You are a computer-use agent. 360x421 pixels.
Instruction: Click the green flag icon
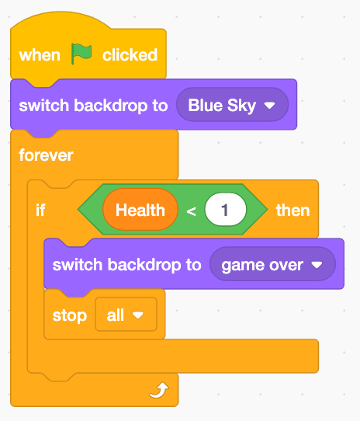81,54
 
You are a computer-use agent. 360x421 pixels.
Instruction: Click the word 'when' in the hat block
40,55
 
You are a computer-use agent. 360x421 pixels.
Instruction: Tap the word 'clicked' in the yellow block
130,55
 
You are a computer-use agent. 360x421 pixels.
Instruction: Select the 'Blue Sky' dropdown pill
232,105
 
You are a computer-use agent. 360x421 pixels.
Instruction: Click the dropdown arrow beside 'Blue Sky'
269,106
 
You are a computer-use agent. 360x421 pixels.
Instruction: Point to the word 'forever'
46,155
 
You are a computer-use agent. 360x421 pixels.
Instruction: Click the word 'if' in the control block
40,210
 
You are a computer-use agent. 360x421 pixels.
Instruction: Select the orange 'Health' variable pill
140,210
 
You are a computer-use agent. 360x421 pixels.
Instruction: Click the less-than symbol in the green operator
191,211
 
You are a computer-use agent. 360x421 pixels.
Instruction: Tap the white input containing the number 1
225,210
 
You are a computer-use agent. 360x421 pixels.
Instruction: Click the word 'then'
293,210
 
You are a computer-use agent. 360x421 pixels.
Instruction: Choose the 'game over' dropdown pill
272,264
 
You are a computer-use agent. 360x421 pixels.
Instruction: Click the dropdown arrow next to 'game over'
317,265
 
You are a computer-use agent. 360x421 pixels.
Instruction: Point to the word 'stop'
70,315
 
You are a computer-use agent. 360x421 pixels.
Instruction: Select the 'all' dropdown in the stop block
126,314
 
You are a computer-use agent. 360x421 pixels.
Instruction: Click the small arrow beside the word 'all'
138,315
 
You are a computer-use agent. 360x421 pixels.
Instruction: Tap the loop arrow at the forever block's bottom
159,391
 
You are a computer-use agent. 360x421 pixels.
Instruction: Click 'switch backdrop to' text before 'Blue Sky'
93,106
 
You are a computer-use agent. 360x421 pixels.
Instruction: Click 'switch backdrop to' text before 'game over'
127,265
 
